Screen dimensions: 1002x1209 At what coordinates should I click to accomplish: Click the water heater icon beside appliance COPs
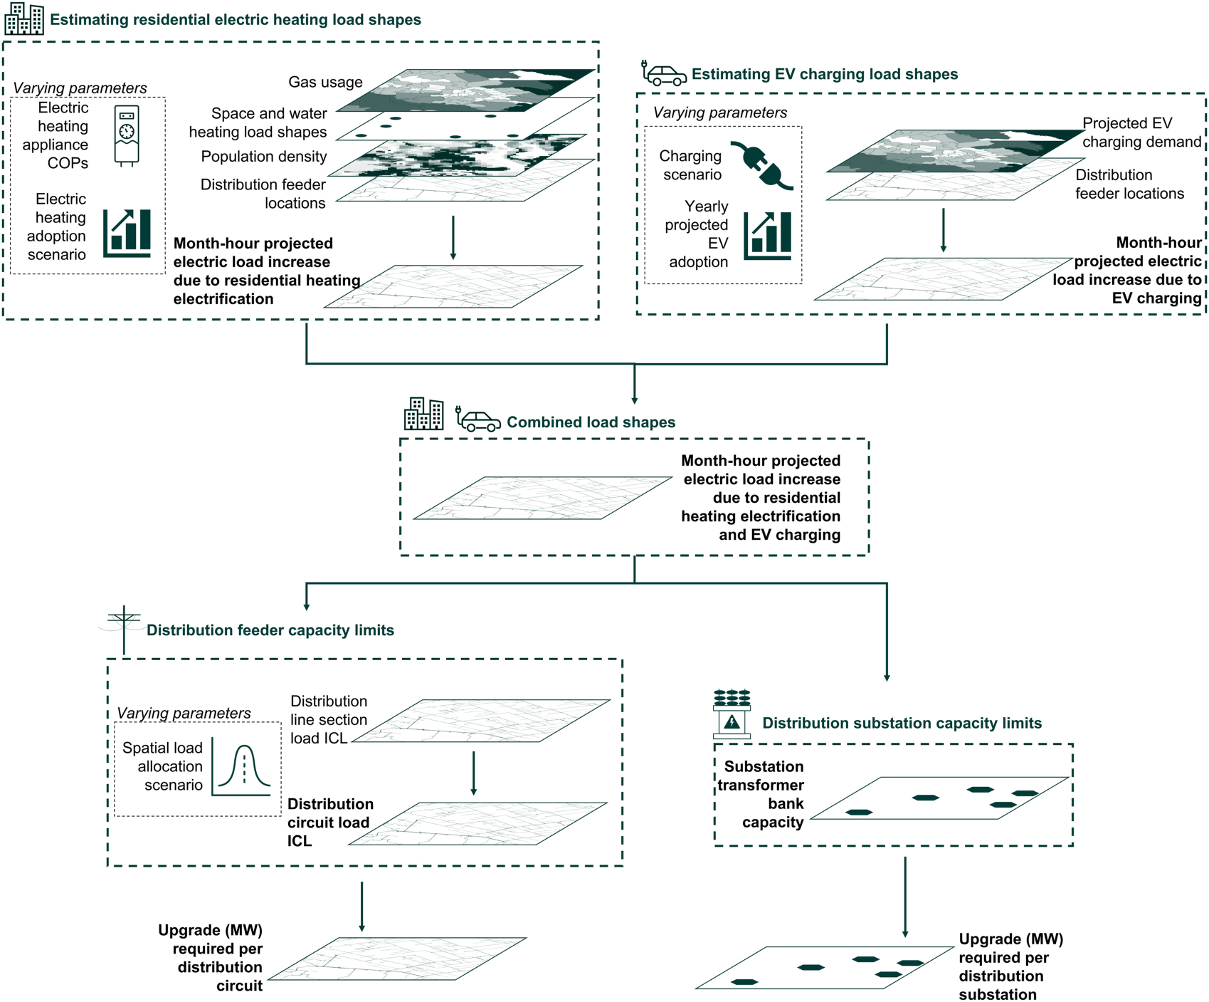pyautogui.click(x=127, y=135)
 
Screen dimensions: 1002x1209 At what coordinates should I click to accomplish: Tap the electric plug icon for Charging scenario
pyautogui.click(x=762, y=165)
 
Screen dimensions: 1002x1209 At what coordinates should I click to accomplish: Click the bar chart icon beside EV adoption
pyautogui.click(x=767, y=236)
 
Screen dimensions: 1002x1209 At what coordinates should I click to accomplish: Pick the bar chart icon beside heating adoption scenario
pyautogui.click(x=127, y=233)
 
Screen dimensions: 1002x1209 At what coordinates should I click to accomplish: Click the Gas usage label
pyautogui.click(x=325, y=82)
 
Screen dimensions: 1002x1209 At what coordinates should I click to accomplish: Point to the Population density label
pyautogui.click(x=263, y=157)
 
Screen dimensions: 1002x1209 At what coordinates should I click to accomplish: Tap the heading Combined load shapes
pyautogui.click(x=591, y=422)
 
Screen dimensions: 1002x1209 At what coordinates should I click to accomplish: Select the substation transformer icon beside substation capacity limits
pyautogui.click(x=732, y=714)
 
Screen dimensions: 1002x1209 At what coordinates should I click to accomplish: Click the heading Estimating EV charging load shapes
pyautogui.click(x=824, y=74)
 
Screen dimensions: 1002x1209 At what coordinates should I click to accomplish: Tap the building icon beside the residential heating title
pyautogui.click(x=24, y=19)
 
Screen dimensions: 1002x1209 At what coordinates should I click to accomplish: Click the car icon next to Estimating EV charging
pyautogui.click(x=664, y=74)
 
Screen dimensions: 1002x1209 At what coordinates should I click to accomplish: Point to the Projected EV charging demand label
pyautogui.click(x=1141, y=132)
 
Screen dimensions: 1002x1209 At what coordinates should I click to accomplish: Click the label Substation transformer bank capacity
pyautogui.click(x=761, y=794)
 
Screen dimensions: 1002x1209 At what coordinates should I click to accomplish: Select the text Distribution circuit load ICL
pyautogui.click(x=329, y=823)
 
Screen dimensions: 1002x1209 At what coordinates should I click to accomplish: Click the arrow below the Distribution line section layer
pyautogui.click(x=473, y=773)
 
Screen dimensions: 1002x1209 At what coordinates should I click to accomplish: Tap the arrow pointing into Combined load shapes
pyautogui.click(x=634, y=385)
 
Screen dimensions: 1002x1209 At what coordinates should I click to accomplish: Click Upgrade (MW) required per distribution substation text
pyautogui.click(x=1010, y=966)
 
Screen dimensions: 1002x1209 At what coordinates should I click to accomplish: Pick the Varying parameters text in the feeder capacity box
pyautogui.click(x=184, y=713)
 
